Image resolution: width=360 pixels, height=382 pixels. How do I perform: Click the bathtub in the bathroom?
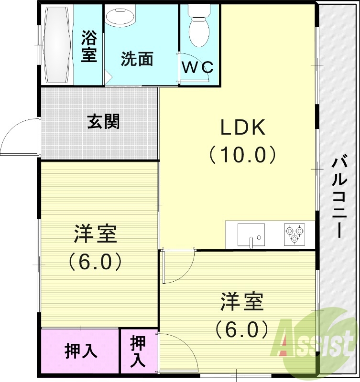57,45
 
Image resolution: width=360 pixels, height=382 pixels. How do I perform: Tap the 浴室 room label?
89,46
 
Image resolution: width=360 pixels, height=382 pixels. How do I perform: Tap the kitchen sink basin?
251,235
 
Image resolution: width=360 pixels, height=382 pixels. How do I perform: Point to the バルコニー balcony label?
339,196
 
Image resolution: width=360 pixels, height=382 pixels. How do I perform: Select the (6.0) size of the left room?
96,261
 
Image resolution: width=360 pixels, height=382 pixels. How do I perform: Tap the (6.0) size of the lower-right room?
241,329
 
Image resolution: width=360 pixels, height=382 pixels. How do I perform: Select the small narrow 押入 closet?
138,351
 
